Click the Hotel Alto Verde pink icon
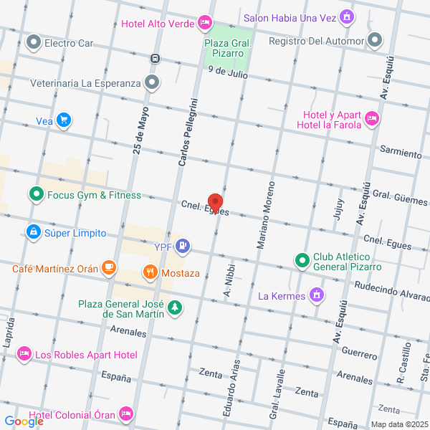click(205, 23)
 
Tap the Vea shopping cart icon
click(64, 120)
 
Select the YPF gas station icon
click(184, 247)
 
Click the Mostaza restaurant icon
click(150, 272)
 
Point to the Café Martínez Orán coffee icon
click(108, 268)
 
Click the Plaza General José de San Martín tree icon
click(174, 307)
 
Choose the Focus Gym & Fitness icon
click(35, 194)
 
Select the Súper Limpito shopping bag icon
click(32, 233)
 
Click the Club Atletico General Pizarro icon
click(302, 259)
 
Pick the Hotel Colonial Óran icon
click(126, 414)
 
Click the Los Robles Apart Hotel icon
click(24, 354)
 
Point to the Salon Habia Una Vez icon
click(348, 16)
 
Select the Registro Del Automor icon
click(375, 40)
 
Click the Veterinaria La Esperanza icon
click(151, 82)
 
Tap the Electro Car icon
click(33, 43)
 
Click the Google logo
click(23, 421)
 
